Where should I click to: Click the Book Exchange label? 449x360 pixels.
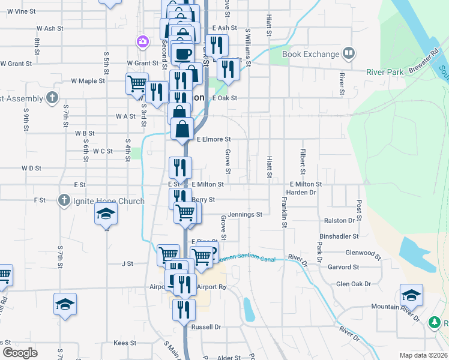310,54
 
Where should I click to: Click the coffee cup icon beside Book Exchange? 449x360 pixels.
349,54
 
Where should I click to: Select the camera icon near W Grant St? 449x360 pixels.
143,41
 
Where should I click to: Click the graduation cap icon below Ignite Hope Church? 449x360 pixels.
106,214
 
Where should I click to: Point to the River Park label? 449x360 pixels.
386,71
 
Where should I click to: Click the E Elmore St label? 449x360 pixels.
214,139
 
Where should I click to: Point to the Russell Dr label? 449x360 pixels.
206,327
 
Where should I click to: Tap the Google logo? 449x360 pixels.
19,352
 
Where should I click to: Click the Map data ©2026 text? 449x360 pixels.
423,355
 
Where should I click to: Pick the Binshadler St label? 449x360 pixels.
339,237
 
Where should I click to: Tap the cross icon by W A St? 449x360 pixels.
52,97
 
